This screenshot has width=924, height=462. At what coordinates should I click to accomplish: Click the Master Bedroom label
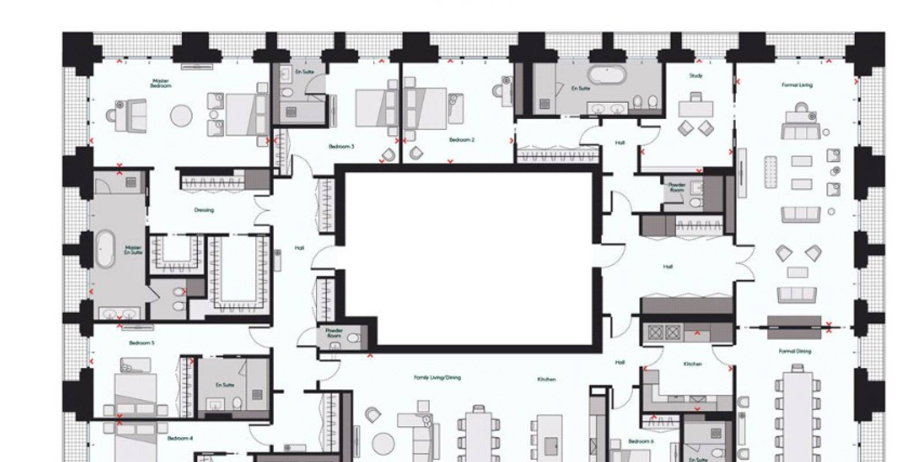162,83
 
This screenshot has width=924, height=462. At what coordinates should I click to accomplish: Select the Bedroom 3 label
341,147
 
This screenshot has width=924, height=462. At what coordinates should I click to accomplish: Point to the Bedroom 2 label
461,140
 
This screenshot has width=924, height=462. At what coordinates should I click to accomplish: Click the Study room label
695,76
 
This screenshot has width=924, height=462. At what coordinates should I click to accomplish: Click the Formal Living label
797,85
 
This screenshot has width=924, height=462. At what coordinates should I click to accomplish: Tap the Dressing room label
204,210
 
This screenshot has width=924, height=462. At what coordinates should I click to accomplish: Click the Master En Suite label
133,250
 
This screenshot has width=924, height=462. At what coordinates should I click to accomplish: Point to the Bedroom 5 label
141,343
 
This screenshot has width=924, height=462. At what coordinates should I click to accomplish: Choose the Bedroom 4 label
180,438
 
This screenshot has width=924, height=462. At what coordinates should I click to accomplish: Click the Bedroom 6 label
640,441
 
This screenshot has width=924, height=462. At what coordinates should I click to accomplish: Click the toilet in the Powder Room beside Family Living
355,337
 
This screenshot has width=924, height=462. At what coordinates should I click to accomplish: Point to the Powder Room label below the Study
677,188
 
